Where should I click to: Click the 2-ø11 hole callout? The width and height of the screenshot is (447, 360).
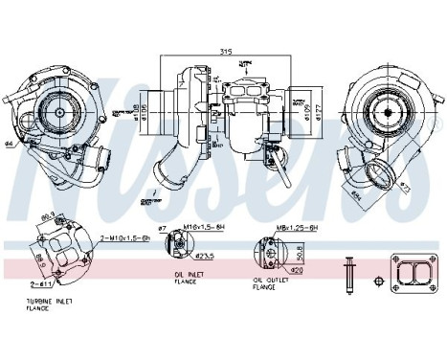click(x=40, y=284)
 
